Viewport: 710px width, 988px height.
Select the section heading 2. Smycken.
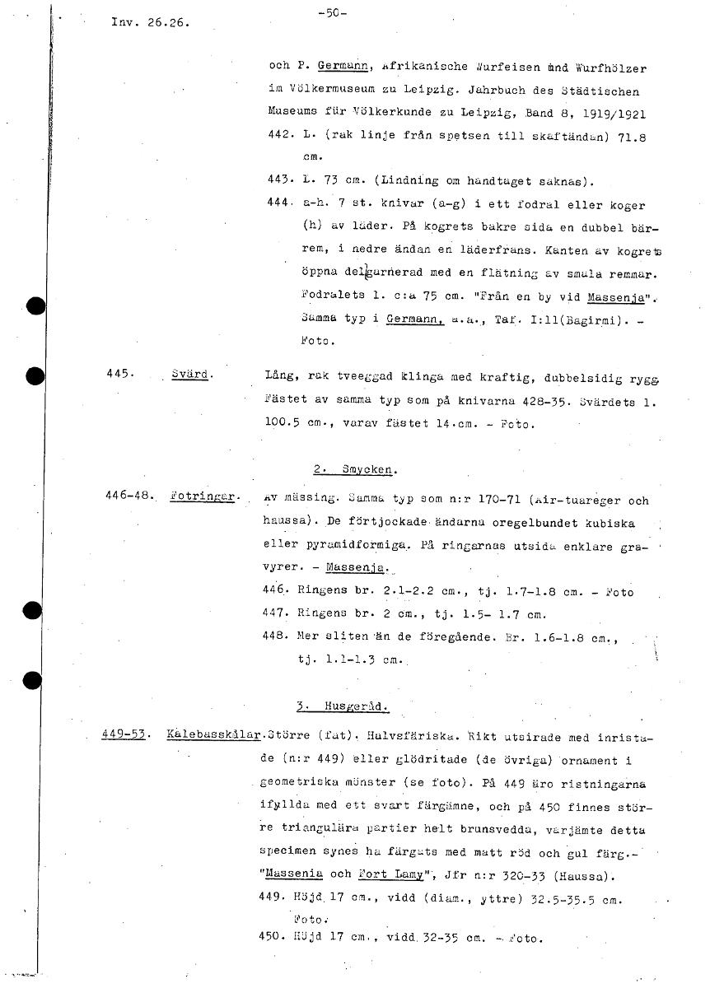tap(356, 469)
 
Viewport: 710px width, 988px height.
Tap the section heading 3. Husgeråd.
tap(343, 706)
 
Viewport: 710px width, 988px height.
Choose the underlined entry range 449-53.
tap(124, 732)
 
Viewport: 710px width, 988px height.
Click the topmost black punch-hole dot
tap(34, 305)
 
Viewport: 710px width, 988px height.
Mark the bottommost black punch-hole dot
tap(34, 680)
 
